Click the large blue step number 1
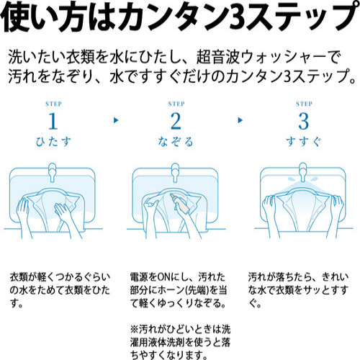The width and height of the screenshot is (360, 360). [x=53, y=121]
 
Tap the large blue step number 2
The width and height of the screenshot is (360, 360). [x=176, y=121]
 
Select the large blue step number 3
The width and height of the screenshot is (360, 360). [x=303, y=121]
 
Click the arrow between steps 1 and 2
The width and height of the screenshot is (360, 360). [x=116, y=120]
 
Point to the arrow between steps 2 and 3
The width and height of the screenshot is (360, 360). [x=240, y=120]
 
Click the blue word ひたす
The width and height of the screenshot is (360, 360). [x=53, y=142]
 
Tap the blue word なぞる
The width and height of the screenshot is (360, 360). [x=176, y=142]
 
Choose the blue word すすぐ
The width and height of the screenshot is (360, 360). [x=303, y=142]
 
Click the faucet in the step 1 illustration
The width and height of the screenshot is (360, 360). [x=53, y=172]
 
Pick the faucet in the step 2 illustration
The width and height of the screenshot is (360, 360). [x=175, y=172]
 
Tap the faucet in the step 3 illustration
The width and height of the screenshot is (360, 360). [x=303, y=172]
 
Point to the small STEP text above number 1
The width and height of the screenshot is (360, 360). [x=53, y=104]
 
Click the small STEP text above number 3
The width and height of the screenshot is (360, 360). [x=304, y=104]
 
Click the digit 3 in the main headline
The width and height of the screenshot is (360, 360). [x=237, y=17]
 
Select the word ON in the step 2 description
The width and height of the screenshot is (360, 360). [x=164, y=277]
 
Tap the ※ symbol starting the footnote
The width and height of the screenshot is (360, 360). [x=135, y=329]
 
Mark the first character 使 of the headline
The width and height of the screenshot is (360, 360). [x=13, y=17]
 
